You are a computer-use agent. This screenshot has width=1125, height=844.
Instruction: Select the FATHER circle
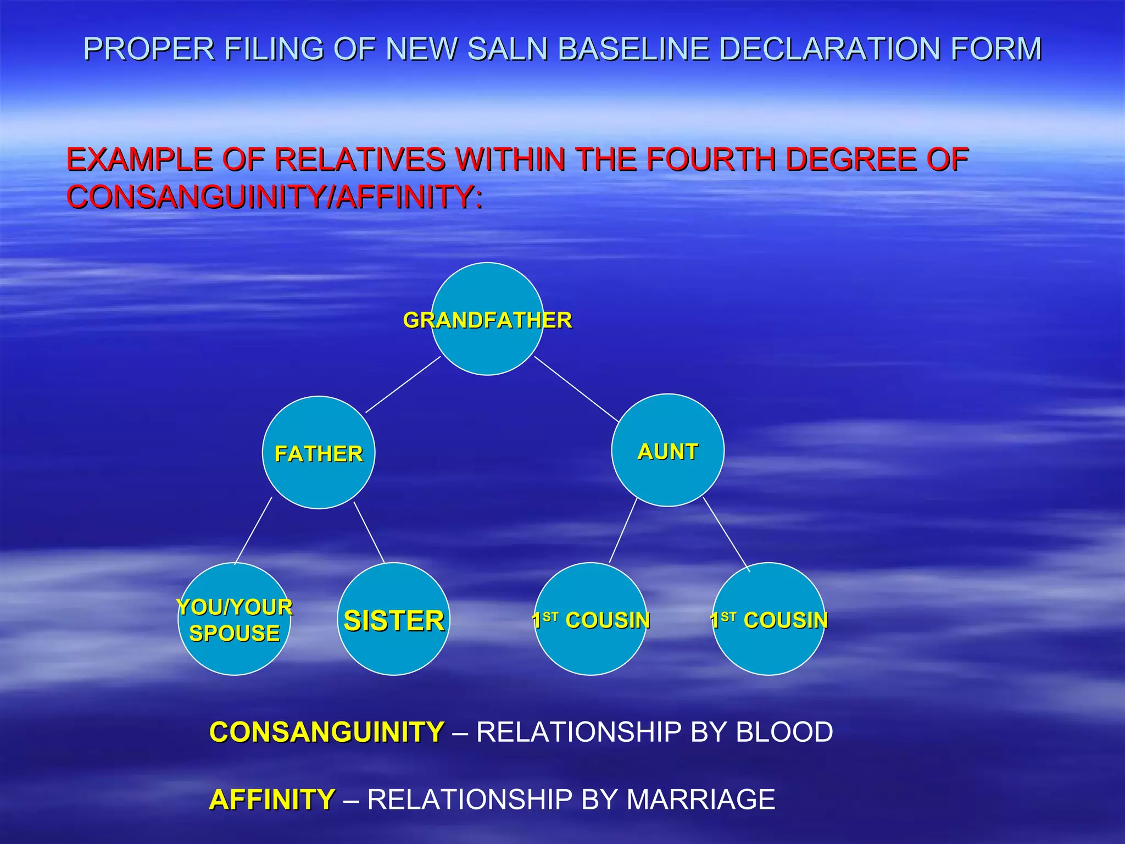pos(319,453)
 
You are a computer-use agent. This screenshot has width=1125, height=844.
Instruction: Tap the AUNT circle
pos(667,451)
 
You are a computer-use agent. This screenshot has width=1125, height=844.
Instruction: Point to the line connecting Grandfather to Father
pos(403,384)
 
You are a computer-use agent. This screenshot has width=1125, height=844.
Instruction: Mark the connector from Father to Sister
pos(369,532)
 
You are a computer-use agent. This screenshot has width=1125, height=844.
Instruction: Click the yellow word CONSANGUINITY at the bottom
pos(327,732)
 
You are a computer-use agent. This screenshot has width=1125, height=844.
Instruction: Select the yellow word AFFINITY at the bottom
pos(272,799)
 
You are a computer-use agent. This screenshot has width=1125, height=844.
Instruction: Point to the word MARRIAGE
pos(700,799)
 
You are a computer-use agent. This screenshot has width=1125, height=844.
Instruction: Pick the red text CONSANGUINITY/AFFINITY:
pos(275,197)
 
